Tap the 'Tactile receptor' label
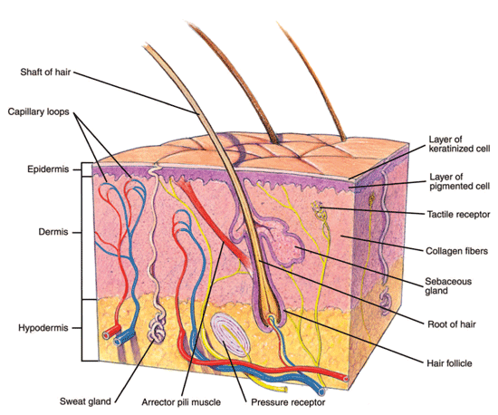458,215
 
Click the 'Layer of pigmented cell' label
456,181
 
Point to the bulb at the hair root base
272,318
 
